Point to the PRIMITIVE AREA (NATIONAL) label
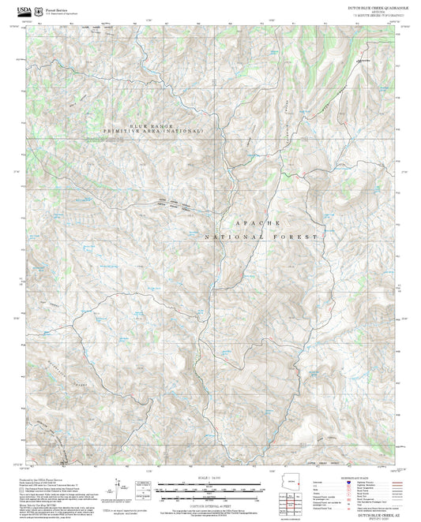click(x=152, y=130)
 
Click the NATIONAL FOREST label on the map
click(x=261, y=237)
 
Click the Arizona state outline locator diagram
click(x=298, y=483)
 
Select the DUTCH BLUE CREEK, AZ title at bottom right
click(x=371, y=513)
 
